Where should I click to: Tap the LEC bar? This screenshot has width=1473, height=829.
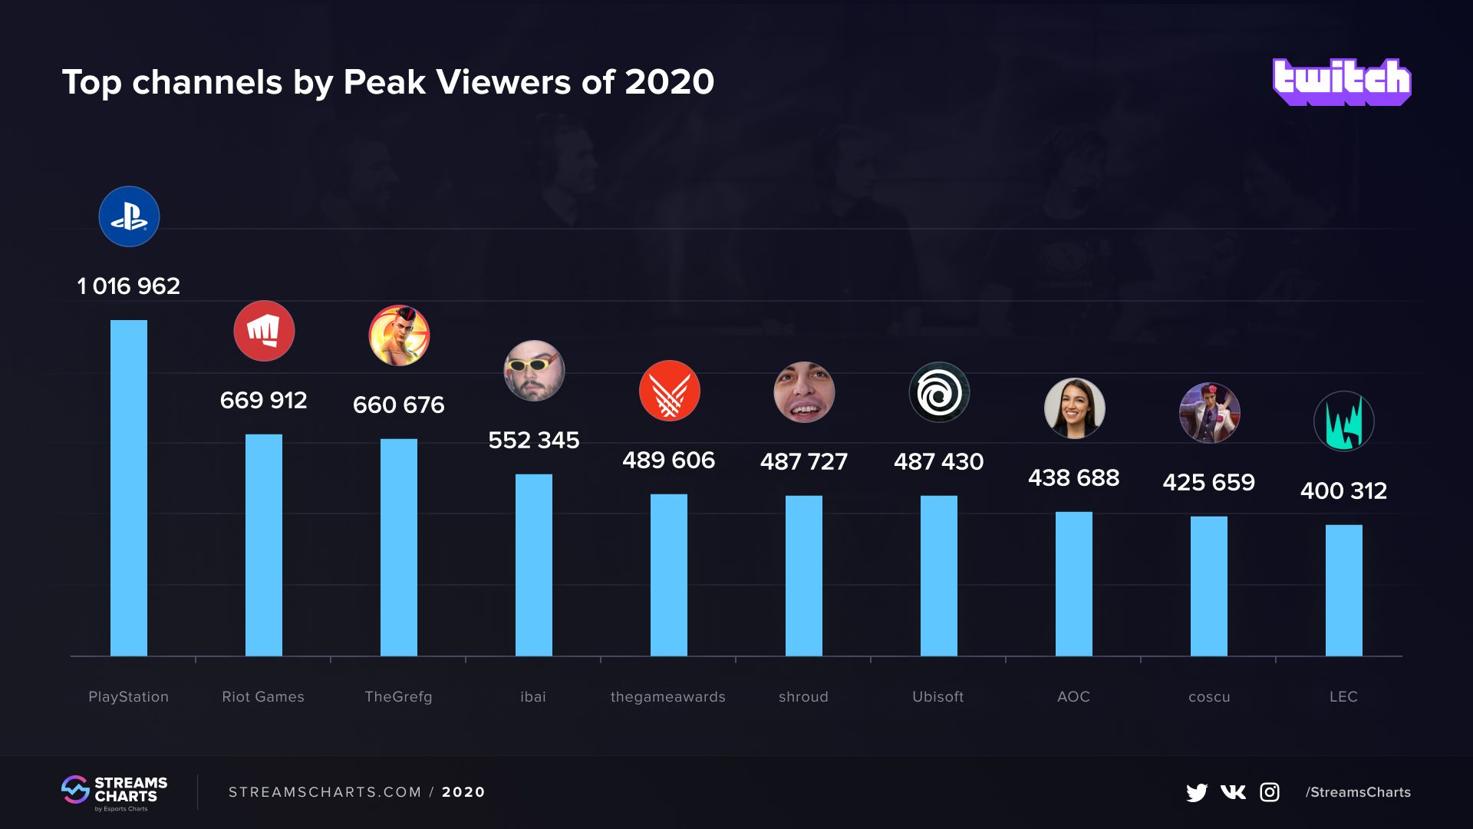1343,590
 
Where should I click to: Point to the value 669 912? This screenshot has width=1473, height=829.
263,400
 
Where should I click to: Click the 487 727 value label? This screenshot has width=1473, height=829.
803,461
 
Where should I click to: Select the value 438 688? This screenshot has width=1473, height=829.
1073,477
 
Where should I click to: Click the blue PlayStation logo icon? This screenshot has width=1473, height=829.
129,216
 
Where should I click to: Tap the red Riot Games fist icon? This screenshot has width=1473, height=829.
264,331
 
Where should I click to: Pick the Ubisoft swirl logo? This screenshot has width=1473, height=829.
939,392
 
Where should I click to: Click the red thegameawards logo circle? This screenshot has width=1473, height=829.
669,391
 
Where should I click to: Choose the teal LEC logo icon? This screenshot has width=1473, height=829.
1343,421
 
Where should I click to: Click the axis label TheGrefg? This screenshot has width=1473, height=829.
398,697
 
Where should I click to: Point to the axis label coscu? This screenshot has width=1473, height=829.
1209,697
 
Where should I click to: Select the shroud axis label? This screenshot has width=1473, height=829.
803,697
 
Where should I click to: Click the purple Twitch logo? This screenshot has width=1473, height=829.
1341,81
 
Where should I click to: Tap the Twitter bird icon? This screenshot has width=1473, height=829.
1196,792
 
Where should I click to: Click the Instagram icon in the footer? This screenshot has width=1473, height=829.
1270,792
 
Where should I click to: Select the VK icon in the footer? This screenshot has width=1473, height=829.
1233,792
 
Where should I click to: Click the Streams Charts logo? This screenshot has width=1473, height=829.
114,792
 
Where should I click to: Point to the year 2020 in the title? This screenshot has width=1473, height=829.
669,82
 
